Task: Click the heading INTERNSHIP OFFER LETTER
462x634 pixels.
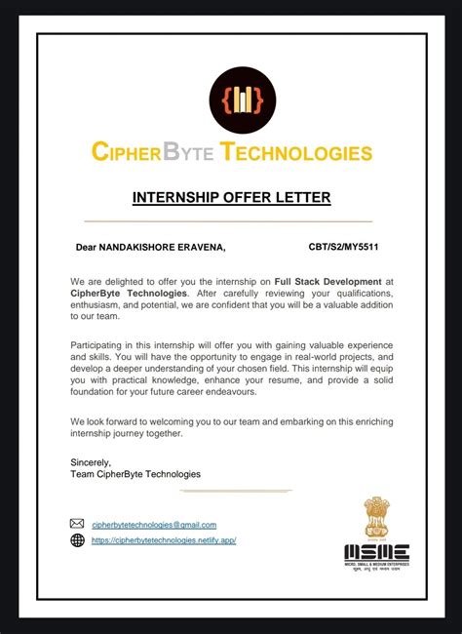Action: [x=231, y=198]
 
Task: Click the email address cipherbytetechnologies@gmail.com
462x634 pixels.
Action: [x=154, y=525]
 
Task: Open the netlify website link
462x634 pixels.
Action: [x=164, y=540]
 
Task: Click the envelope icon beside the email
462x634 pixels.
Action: [x=78, y=524]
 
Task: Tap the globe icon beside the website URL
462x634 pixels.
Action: [x=78, y=540]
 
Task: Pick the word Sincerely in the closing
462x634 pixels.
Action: [x=92, y=461]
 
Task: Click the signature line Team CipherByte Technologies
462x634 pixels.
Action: [x=135, y=473]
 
